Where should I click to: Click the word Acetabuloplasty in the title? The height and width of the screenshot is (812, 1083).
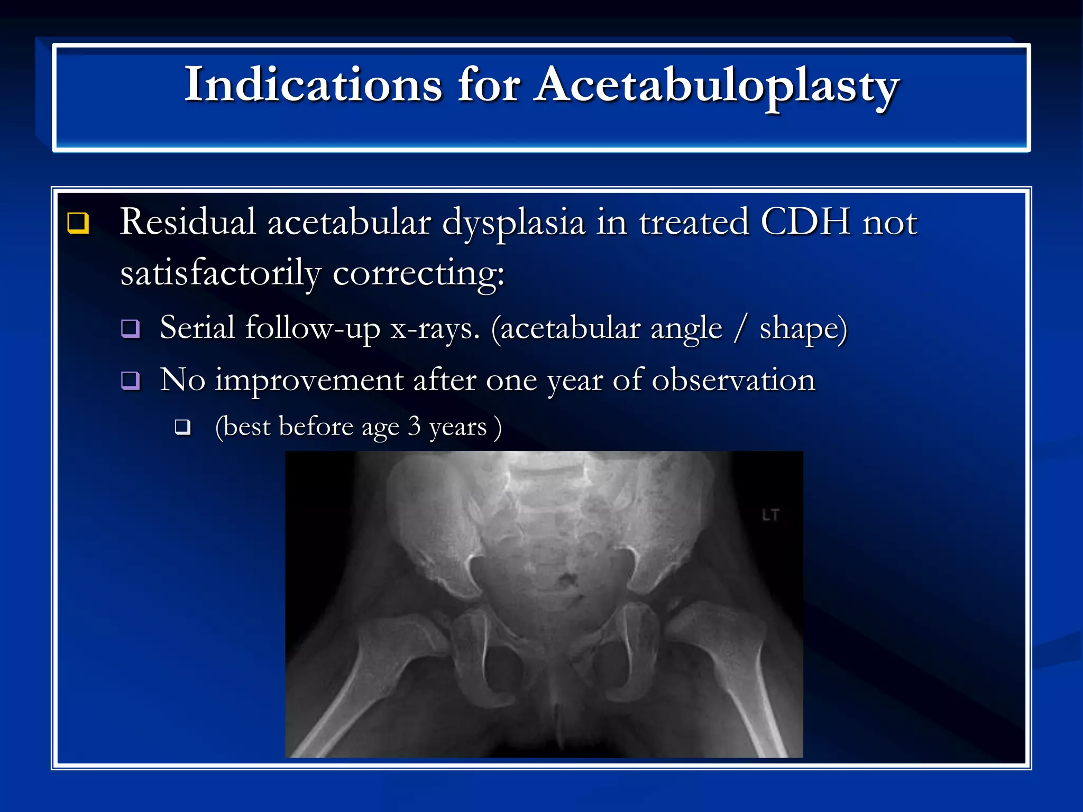coord(717,86)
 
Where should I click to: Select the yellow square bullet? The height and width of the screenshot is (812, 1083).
coord(78,223)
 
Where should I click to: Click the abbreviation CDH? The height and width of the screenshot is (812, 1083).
coord(805,222)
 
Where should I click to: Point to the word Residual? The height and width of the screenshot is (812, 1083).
coord(188,222)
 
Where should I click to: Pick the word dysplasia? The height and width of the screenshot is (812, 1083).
coord(513,223)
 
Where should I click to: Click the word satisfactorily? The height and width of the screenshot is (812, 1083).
coord(220,273)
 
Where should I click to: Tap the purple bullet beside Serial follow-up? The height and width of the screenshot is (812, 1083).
coord(130,328)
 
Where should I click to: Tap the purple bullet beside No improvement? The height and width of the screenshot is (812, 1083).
coord(130,380)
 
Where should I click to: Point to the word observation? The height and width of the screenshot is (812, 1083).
coord(733,380)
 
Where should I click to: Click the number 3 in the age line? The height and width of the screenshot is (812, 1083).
coord(414,426)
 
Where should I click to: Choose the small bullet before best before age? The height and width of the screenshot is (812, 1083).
coord(183,427)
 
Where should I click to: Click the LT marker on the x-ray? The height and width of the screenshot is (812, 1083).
coord(770,515)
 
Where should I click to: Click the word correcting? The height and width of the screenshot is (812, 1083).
coord(418,273)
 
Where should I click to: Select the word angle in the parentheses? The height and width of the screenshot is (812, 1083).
coord(686,329)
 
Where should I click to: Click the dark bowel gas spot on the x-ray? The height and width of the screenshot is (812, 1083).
coord(567,580)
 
